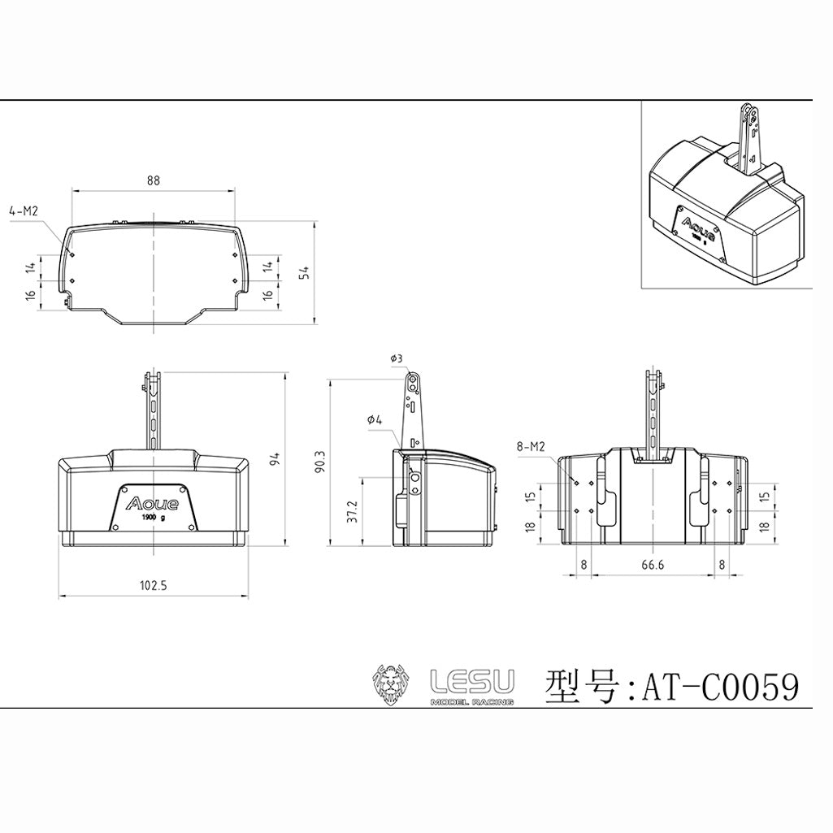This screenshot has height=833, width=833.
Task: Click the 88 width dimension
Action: point(153,181)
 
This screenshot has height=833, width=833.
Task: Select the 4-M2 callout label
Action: point(24,210)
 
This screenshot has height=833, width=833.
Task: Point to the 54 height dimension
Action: point(305,272)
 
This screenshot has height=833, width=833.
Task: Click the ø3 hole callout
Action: point(397,358)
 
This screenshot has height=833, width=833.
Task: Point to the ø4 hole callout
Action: point(375,419)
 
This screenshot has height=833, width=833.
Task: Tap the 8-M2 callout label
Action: point(530,446)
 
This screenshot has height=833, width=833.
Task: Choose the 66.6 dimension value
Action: point(652,564)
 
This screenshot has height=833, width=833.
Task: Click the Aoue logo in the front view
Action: point(153,502)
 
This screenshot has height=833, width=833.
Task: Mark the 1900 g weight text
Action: point(152,518)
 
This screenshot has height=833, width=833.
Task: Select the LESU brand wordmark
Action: point(471,680)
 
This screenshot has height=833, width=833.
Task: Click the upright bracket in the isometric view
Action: point(748,138)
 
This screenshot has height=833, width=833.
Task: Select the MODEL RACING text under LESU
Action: point(471,701)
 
